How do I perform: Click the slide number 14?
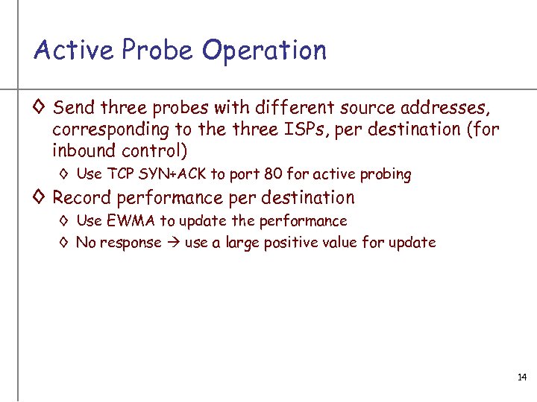pos(522,378)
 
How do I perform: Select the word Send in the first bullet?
pos(74,107)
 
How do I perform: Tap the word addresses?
pos(446,107)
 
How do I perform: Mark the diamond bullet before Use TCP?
pos(64,175)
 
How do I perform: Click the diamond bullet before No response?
pos(64,243)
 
